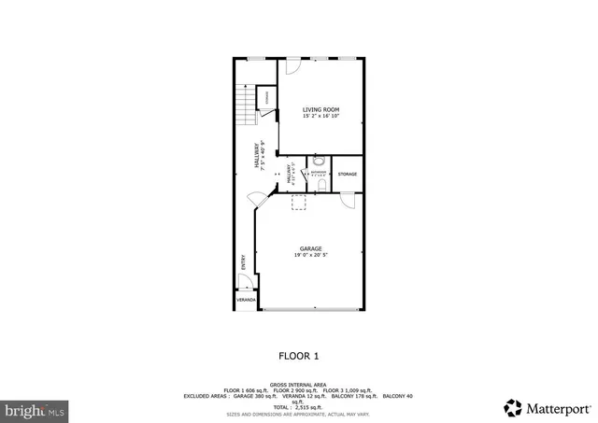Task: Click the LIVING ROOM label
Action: click(320, 110)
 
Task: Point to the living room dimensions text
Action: click(320, 117)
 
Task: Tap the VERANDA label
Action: click(244, 301)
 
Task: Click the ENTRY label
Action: click(243, 262)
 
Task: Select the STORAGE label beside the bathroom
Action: click(347, 175)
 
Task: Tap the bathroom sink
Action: click(319, 160)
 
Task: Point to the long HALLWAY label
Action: click(255, 154)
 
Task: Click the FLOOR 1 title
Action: click(299, 356)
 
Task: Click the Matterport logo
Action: click(548, 407)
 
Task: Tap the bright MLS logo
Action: click(34, 409)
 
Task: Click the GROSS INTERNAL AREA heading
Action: click(298, 383)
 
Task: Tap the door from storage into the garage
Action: click(348, 199)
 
